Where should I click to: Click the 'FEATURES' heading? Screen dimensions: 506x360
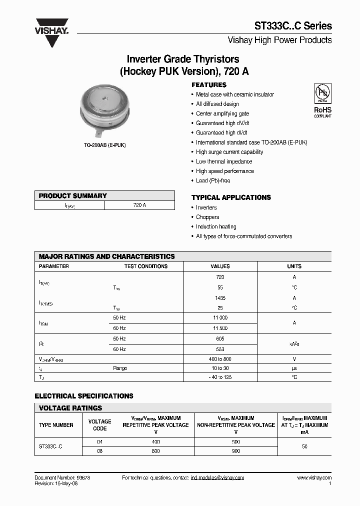click(209, 85)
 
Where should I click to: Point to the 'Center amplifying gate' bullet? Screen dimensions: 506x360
click(222, 113)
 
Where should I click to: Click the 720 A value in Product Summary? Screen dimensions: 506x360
click(140, 205)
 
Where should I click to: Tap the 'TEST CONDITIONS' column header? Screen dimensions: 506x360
click(145, 266)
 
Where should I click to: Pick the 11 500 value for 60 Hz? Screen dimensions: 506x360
click(220, 328)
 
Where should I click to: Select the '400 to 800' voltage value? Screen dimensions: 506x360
click(220, 359)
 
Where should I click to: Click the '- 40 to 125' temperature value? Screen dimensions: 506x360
click(220, 377)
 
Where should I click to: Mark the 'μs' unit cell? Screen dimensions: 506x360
click(294, 368)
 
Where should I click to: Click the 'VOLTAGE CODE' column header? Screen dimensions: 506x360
click(100, 425)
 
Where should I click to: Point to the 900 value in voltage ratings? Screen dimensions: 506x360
click(236, 451)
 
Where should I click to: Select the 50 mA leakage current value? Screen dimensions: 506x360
click(305, 446)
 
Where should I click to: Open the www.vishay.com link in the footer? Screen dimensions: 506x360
click(314, 478)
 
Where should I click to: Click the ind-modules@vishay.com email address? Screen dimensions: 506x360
click(217, 478)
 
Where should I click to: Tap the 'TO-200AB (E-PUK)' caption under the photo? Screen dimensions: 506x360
click(104, 145)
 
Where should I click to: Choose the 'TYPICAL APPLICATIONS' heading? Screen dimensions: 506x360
click(231, 197)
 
